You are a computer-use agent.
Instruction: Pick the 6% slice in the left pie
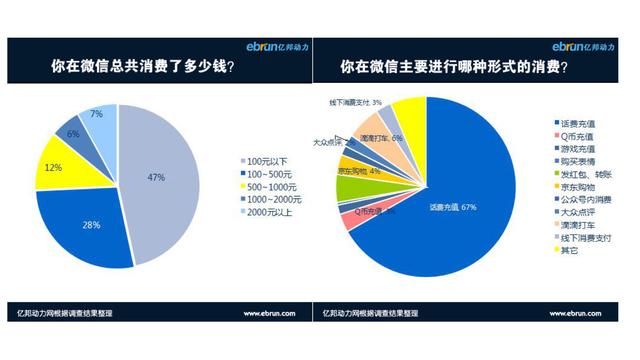coord(73,133)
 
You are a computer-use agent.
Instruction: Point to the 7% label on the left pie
coord(96,114)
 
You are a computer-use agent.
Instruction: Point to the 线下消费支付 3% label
coord(356,102)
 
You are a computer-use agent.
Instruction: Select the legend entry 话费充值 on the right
coord(577,121)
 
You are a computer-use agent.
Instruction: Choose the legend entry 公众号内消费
coord(583,198)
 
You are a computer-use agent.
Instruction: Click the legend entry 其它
coord(571,250)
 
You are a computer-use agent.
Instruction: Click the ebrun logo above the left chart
coord(276,46)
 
